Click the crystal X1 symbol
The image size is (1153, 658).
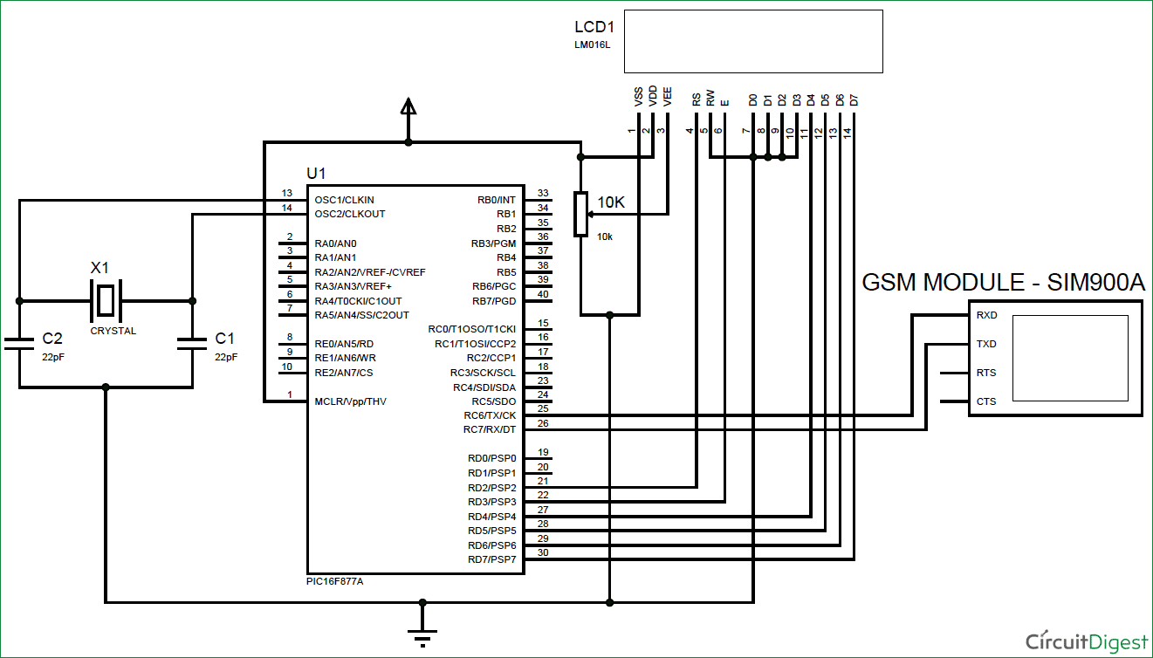[105, 300]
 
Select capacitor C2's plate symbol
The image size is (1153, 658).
[19, 345]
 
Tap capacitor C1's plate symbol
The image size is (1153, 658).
[192, 345]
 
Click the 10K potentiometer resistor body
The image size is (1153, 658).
[580, 214]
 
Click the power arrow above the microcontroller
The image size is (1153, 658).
[408, 106]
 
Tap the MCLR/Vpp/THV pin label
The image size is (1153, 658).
[350, 401]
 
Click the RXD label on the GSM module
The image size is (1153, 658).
[987, 315]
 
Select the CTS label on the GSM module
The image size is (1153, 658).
[986, 401]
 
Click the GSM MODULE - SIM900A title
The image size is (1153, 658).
[1003, 283]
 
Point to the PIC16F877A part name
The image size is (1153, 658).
[335, 581]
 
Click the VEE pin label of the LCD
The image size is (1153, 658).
[668, 97]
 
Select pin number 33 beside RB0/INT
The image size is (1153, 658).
[543, 193]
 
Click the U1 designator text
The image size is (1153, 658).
[316, 174]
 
